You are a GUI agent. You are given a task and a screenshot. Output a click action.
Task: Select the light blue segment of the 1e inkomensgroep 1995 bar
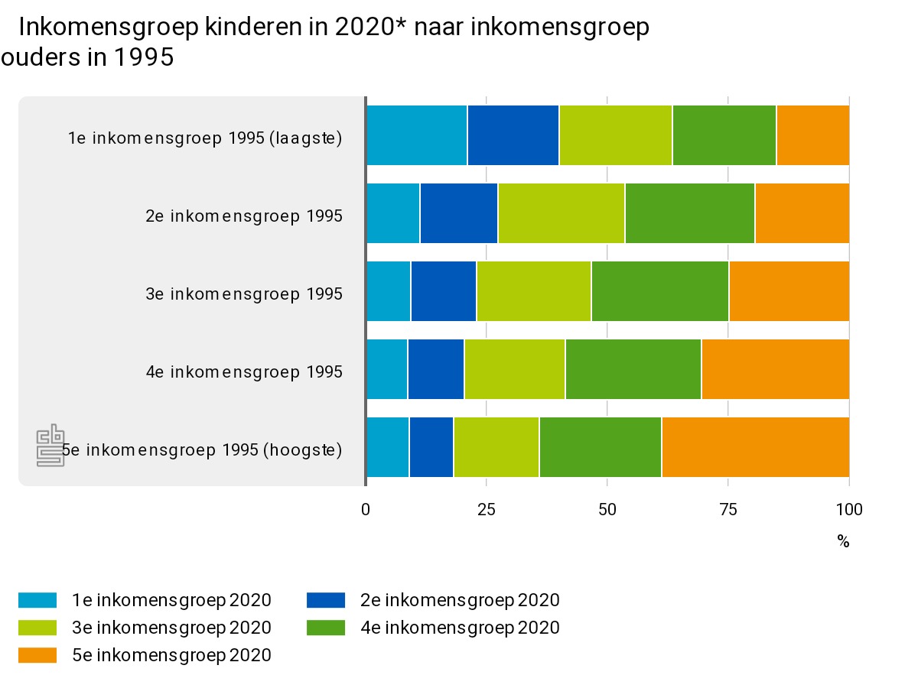417,135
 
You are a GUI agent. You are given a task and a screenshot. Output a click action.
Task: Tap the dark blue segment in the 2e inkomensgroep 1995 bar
458,213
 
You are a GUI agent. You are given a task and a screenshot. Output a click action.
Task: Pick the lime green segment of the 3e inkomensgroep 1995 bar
533,291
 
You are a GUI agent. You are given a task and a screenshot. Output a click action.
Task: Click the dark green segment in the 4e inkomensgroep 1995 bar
633,369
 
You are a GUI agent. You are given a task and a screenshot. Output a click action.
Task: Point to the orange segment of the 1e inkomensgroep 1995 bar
812,135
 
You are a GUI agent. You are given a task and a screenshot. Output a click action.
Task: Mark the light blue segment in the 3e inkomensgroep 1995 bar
389,291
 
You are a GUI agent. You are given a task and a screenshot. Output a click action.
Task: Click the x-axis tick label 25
487,510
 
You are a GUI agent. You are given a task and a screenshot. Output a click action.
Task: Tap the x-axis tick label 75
728,510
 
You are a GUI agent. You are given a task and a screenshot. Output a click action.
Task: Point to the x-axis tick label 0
366,510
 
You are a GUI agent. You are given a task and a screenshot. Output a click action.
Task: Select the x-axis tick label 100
848,510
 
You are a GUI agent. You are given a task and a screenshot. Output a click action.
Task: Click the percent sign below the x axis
843,542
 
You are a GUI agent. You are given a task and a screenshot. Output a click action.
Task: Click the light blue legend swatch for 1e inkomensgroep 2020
37,601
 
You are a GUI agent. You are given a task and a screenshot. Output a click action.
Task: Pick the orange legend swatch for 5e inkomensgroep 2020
37,655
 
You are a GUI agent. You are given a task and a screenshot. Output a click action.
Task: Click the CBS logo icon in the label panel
51,445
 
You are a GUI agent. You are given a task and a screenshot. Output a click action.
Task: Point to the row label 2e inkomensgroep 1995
244,216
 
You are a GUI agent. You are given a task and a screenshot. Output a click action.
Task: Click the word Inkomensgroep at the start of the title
108,28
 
